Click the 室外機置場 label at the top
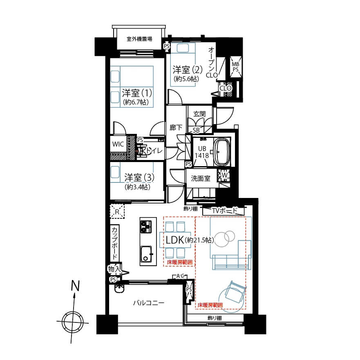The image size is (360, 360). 139,39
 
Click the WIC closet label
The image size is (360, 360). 118,144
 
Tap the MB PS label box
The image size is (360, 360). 236,67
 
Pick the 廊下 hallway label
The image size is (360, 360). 176,128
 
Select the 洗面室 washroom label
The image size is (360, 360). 201,178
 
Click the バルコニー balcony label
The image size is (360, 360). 149,303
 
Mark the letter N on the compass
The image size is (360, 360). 74,286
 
